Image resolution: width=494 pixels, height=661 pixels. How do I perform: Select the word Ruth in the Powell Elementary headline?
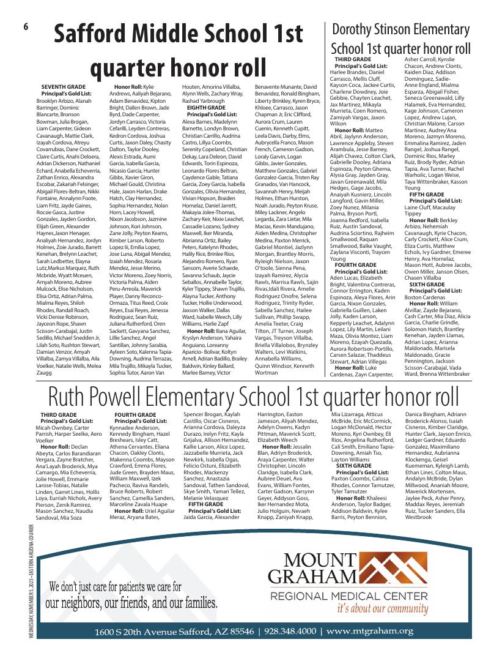(72, 397)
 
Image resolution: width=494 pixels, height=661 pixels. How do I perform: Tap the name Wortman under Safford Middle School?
(268, 372)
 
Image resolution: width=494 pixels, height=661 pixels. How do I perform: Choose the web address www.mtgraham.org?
(370, 631)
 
